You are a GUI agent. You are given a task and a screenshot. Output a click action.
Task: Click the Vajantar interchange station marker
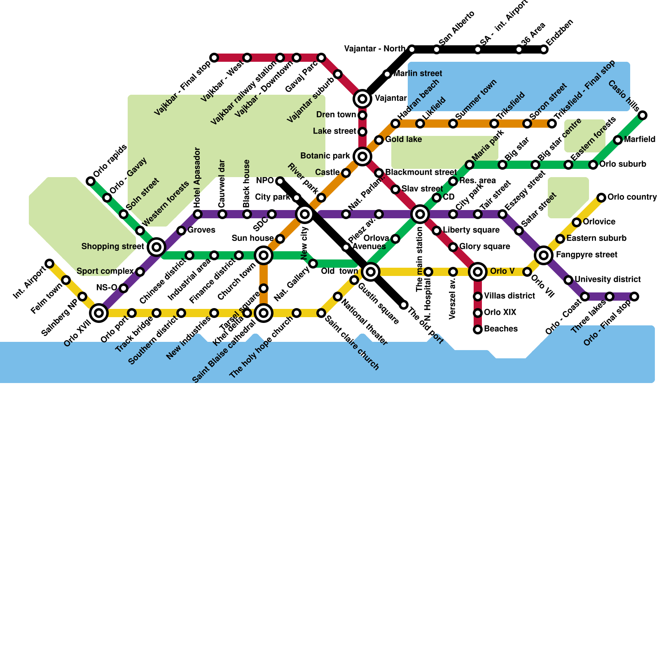coord(362,99)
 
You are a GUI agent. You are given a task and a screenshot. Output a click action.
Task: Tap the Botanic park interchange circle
coord(362,157)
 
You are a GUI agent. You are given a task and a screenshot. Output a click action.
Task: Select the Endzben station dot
coord(544,50)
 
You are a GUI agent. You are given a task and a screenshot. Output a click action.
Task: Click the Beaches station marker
coord(478,329)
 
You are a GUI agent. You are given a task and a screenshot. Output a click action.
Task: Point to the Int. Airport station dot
coord(49,264)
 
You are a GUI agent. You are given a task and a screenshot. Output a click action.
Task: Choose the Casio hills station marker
coord(643,115)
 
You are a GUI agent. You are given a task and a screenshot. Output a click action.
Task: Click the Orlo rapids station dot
coord(91,181)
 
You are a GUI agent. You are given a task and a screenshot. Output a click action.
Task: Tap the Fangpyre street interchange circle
coord(544,255)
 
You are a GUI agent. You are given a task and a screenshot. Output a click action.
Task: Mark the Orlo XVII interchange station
coord(99,313)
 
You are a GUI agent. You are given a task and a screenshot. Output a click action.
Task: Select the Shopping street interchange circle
coord(157,247)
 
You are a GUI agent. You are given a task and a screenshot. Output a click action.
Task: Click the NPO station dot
coord(280,181)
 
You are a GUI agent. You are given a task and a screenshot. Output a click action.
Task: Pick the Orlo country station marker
coord(601,198)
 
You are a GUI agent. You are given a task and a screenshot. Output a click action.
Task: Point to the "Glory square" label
coord(484,247)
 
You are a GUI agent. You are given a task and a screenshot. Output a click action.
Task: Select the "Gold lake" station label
coord(403,140)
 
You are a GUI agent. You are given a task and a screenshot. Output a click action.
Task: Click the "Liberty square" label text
coord(471,230)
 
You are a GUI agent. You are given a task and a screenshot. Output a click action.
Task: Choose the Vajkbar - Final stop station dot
coord(214,58)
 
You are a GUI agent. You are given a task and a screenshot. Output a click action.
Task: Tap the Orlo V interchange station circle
coord(478,272)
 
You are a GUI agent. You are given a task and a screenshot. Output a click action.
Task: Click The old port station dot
coord(404,305)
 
